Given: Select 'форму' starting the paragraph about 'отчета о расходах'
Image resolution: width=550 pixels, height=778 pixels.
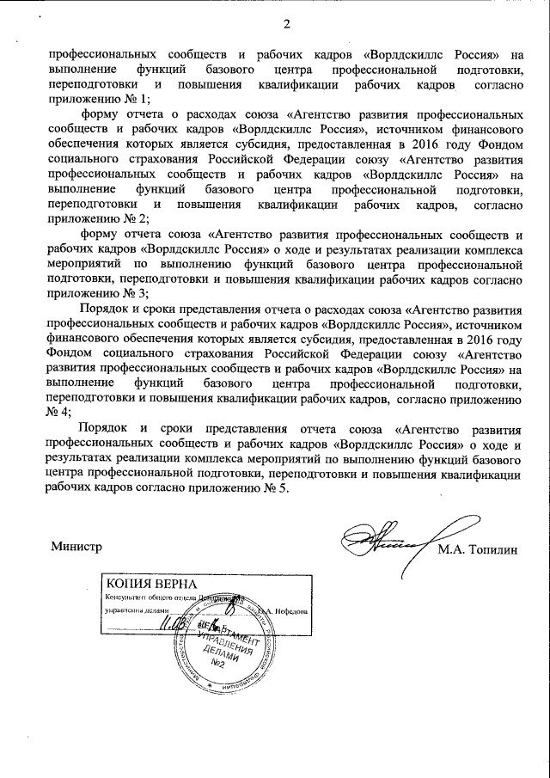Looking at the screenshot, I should tap(99, 114).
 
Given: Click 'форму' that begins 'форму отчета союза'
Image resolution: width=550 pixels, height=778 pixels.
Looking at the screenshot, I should tap(99, 234).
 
